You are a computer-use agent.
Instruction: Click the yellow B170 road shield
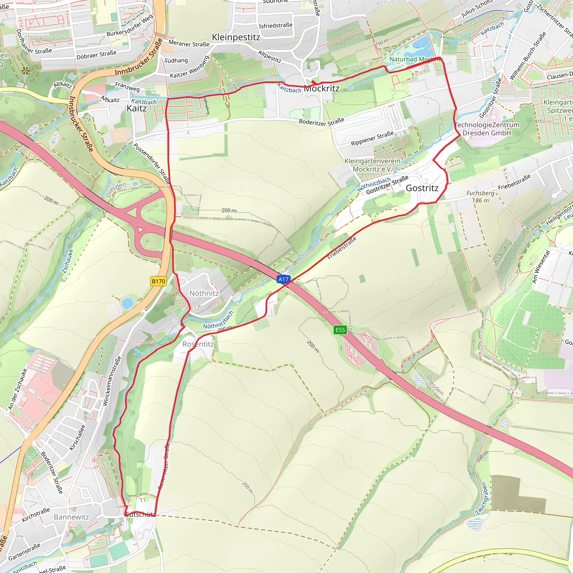click(158, 281)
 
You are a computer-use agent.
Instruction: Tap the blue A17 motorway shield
click(283, 279)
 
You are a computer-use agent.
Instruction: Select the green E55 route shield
click(340, 330)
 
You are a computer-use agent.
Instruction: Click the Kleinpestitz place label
click(236, 37)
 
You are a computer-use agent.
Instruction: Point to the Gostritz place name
click(422, 188)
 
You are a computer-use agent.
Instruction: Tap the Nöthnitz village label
click(204, 293)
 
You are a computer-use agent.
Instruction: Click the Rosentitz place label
click(198, 344)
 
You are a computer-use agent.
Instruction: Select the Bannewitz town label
click(71, 517)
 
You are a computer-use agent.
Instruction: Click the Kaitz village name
click(137, 108)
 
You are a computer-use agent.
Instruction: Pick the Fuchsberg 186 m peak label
click(480, 197)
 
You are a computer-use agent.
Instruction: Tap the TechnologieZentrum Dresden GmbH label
click(487, 129)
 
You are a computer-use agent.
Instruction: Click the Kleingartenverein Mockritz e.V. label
click(372, 165)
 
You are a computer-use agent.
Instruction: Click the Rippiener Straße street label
click(372, 138)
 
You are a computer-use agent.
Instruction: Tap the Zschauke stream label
click(68, 261)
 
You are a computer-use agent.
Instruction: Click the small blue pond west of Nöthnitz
click(127, 303)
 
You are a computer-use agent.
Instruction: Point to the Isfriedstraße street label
click(276, 25)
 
